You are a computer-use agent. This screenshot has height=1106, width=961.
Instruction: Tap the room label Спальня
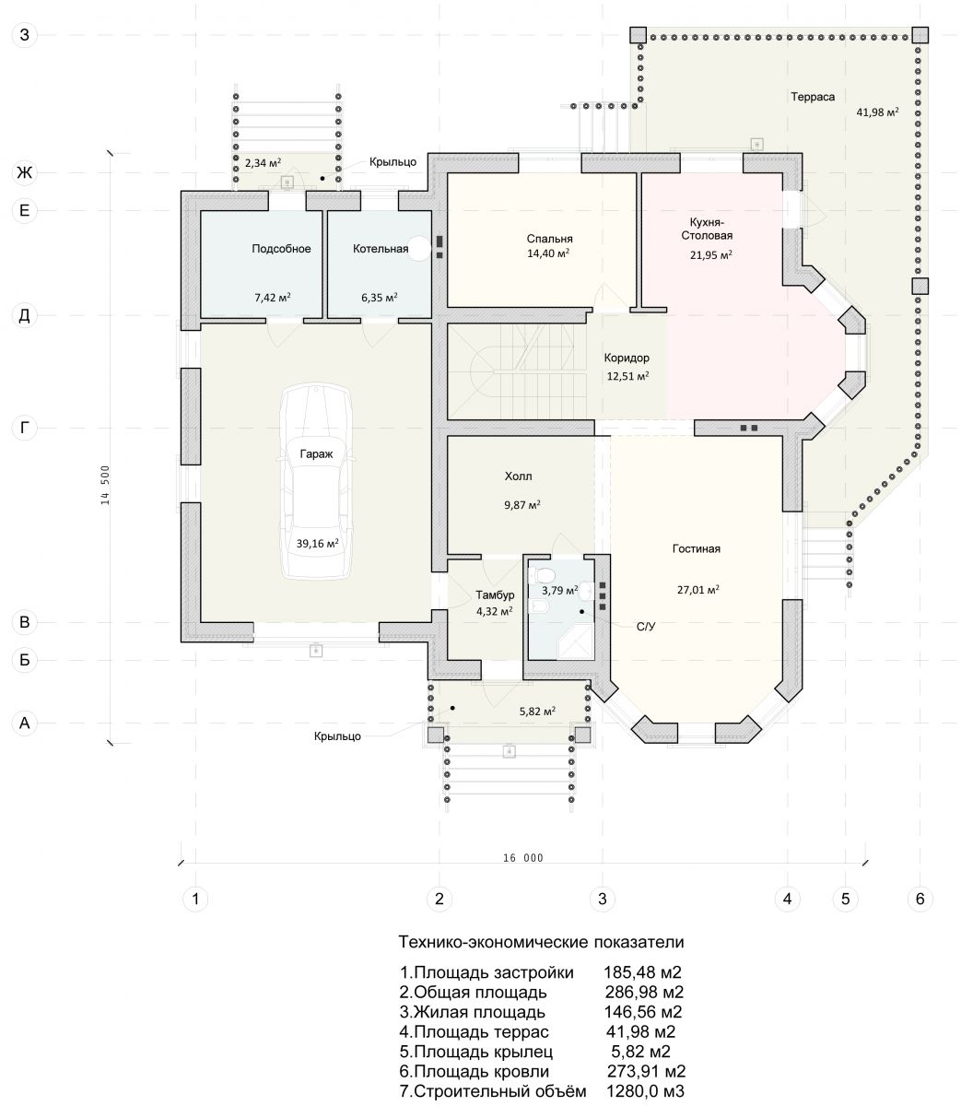549,239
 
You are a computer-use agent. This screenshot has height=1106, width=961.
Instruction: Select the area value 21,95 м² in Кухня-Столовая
711,254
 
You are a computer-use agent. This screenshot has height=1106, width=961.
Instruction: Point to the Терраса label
813,97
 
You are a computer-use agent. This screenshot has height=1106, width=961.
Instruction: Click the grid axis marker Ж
24,172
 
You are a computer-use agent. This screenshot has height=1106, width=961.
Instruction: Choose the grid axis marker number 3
603,899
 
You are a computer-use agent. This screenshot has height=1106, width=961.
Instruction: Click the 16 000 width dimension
523,858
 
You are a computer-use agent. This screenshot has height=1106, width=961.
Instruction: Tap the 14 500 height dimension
105,485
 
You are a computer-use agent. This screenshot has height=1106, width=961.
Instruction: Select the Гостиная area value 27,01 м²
697,589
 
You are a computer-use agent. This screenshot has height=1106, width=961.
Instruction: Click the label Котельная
381,249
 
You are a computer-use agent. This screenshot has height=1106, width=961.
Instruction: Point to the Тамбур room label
495,594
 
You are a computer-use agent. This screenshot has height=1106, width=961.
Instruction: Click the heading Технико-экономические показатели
541,942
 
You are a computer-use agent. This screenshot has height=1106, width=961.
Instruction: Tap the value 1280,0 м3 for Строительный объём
645,1091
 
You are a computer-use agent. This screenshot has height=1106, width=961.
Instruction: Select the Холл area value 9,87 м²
522,505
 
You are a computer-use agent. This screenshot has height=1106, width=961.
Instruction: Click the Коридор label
627,358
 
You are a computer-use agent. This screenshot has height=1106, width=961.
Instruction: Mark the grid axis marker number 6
920,899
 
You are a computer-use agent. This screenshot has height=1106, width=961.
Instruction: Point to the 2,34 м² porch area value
264,162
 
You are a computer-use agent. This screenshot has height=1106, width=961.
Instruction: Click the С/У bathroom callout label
646,627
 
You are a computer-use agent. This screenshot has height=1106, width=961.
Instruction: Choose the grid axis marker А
24,723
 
